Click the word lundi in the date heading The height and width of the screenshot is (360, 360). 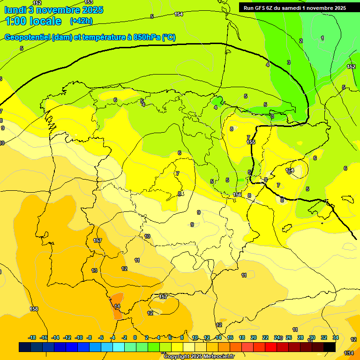[x=15, y=10]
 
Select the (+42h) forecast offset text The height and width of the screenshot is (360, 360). [x=81, y=21]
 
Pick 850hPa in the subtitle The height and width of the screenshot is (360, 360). [x=146, y=37]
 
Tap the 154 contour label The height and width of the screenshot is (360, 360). [x=179, y=14]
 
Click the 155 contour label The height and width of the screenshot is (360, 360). [x=251, y=142]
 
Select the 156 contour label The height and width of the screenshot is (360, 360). [x=238, y=195]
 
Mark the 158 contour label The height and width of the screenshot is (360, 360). [x=34, y=309]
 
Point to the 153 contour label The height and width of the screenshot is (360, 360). [x=89, y=2]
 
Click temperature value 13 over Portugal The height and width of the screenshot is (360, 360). [x=94, y=270]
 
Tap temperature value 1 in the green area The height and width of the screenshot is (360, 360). [x=322, y=38]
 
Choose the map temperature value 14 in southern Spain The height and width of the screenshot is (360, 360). [x=117, y=306]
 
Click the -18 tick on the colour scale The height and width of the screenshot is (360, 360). [x=32, y=337]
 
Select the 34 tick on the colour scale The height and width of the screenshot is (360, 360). [x=336, y=337]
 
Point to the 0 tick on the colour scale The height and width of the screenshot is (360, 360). [x=135, y=337]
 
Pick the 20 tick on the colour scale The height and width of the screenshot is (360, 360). [x=253, y=337]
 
